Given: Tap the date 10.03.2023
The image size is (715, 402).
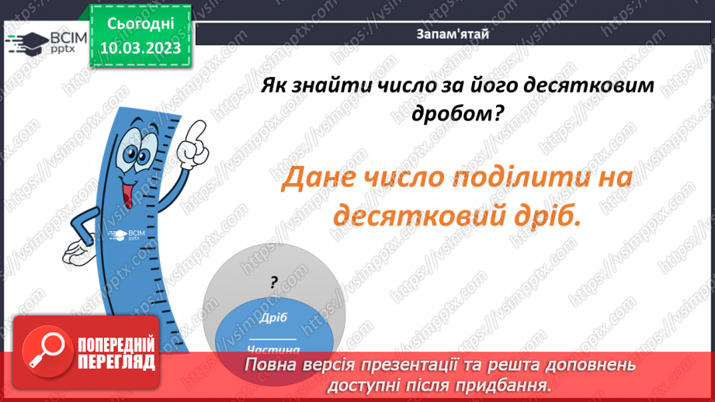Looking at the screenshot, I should coord(140,48).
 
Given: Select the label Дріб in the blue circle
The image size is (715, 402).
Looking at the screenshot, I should coord(273,317).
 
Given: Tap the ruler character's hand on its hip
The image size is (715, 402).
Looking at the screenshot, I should coord(78,251).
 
